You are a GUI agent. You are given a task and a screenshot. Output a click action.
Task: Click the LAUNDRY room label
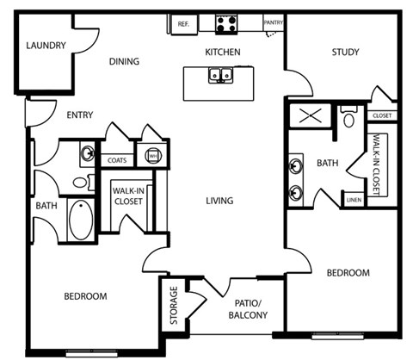pos(46,46)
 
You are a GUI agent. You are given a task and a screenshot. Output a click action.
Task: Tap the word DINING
pos(124,61)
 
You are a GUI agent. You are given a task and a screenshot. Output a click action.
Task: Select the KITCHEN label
pos(222,53)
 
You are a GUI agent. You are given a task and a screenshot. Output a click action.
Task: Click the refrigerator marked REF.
pos(183,25)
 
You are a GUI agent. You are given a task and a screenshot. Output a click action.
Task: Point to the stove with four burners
pos(226,25)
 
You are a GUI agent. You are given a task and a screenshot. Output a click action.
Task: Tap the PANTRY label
pos(274,23)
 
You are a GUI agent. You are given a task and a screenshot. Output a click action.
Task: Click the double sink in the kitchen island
pos(221,77)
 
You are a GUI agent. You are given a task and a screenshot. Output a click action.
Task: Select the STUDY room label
pos(345,53)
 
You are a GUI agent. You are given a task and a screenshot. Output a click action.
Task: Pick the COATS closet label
pos(116,159)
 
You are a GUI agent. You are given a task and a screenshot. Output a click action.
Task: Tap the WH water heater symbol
pos(152,157)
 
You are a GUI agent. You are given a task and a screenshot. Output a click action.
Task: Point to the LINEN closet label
pos(354,200)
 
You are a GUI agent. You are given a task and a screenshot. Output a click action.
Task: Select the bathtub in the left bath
pos(81,220)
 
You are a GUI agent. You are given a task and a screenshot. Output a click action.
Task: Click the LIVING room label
pos(220,201)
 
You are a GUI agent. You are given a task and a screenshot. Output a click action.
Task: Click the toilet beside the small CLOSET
pos(348,118)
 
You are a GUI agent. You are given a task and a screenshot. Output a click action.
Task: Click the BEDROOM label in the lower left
pos(86,296)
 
